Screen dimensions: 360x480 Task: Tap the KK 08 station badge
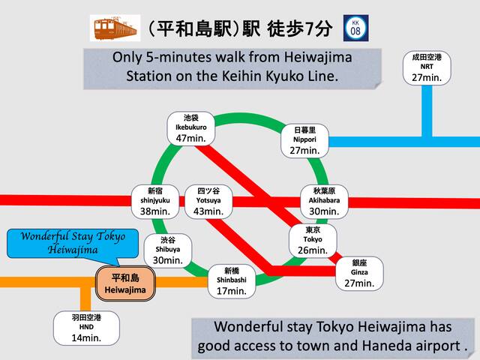(x=355, y=28)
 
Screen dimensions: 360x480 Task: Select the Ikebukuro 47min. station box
(x=190, y=127)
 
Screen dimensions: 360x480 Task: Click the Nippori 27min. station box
(x=304, y=140)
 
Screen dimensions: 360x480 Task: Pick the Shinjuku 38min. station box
(x=154, y=201)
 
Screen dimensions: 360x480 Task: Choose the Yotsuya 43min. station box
(x=208, y=201)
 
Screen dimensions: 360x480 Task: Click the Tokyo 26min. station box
(x=312, y=239)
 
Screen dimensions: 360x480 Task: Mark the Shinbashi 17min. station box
(x=231, y=280)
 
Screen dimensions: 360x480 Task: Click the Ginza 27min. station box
(x=358, y=272)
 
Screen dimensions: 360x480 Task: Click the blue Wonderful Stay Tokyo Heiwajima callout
(x=73, y=242)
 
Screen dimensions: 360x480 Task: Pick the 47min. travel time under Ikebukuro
(x=190, y=138)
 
